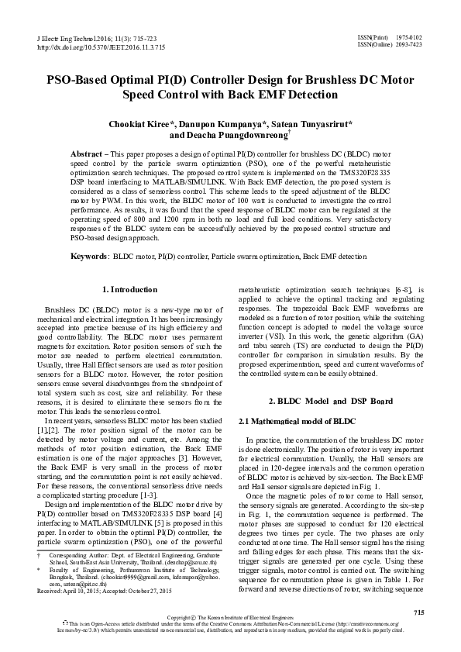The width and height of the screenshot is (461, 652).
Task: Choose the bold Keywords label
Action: tap(89, 255)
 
